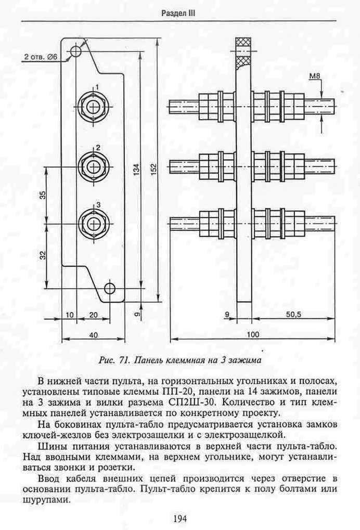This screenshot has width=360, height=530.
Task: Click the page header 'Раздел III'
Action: coord(178,13)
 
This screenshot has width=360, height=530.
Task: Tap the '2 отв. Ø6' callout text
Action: coord(41,57)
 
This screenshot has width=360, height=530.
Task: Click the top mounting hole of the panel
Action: coord(75,51)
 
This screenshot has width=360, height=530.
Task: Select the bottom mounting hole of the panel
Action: coord(109,288)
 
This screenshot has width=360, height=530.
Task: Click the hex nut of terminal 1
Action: coord(92,107)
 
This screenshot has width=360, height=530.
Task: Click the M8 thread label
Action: coord(315,76)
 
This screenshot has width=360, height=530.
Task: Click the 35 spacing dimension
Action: coord(43,196)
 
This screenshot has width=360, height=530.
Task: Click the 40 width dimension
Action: coord(93,334)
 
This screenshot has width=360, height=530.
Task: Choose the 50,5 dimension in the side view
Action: coord(293,314)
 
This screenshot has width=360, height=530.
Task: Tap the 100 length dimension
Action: coord(252,334)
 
